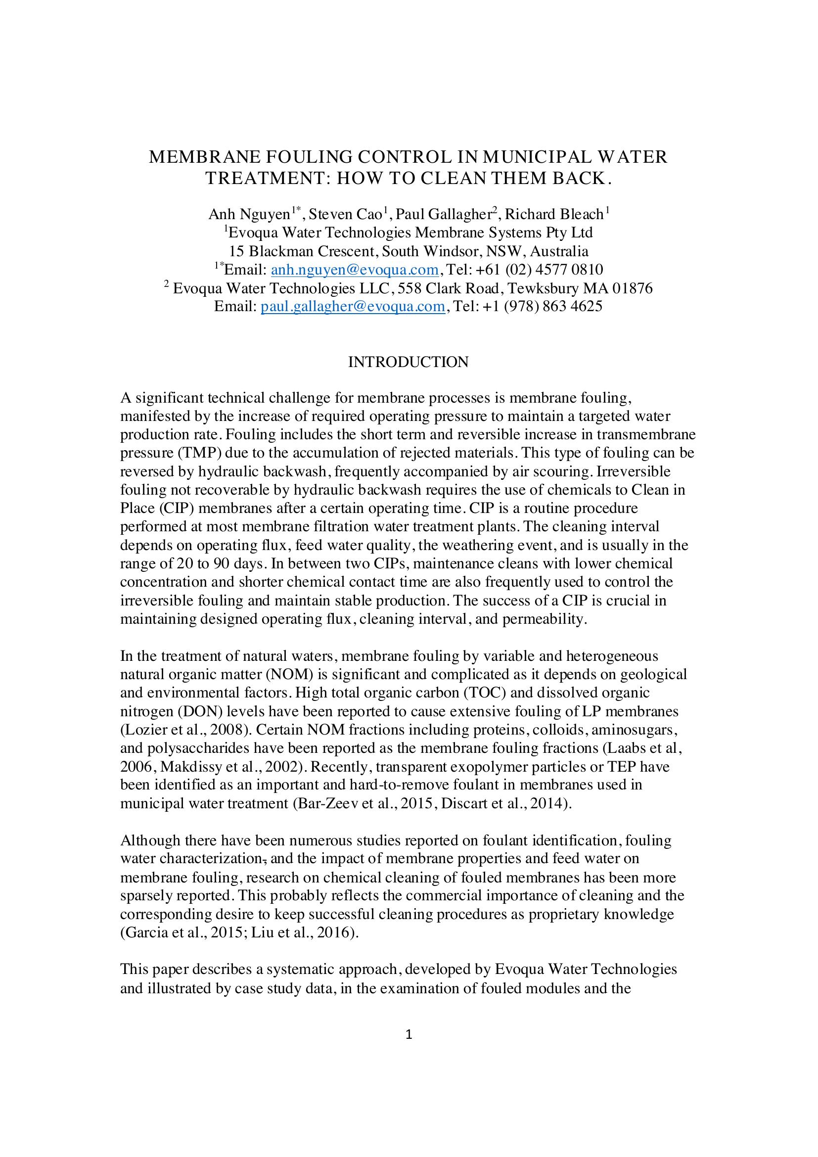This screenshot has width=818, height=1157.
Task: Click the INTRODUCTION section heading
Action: (409, 362)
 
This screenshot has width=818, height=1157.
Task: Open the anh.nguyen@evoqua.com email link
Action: (355, 270)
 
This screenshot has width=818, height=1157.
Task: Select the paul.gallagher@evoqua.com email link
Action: (353, 306)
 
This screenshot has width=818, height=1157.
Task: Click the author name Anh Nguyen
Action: (249, 215)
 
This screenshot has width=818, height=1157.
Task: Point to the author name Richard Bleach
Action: (554, 215)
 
